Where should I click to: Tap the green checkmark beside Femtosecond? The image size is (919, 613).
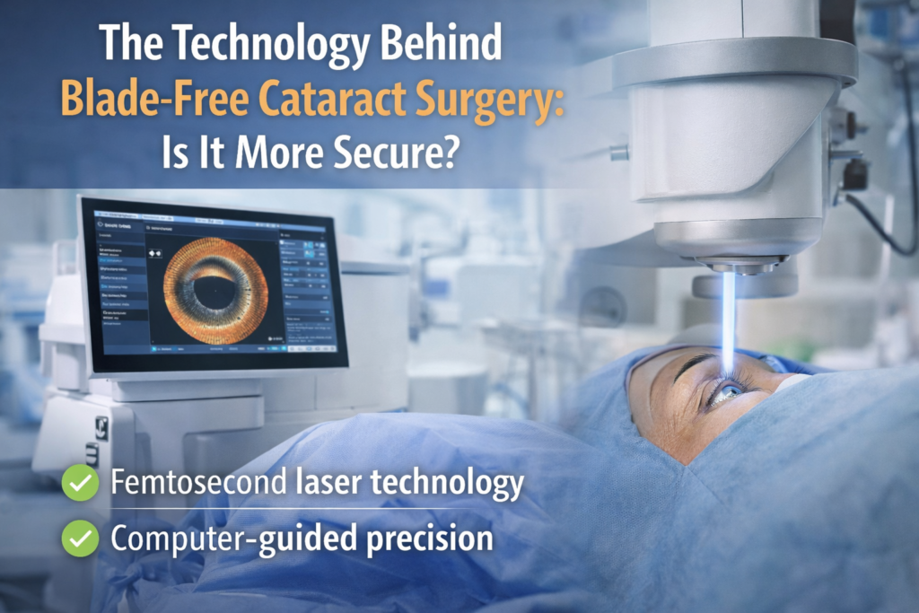[81, 486]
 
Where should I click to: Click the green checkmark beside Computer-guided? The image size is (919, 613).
[81, 539]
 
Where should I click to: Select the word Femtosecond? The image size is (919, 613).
[195, 485]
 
